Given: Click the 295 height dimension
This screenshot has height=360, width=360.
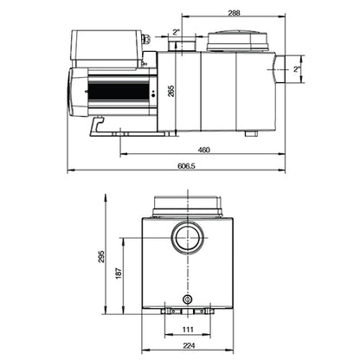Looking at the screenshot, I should pos(102,257).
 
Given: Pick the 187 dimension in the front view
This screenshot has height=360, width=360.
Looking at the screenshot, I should pos(119,273).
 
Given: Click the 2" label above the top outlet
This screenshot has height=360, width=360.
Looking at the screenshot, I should pos(177,32).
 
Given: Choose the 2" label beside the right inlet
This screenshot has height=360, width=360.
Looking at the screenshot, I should pos(295,68).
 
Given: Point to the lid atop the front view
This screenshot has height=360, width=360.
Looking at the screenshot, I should pos(187,204).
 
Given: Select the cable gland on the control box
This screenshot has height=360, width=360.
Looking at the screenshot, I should pos(146,39).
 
